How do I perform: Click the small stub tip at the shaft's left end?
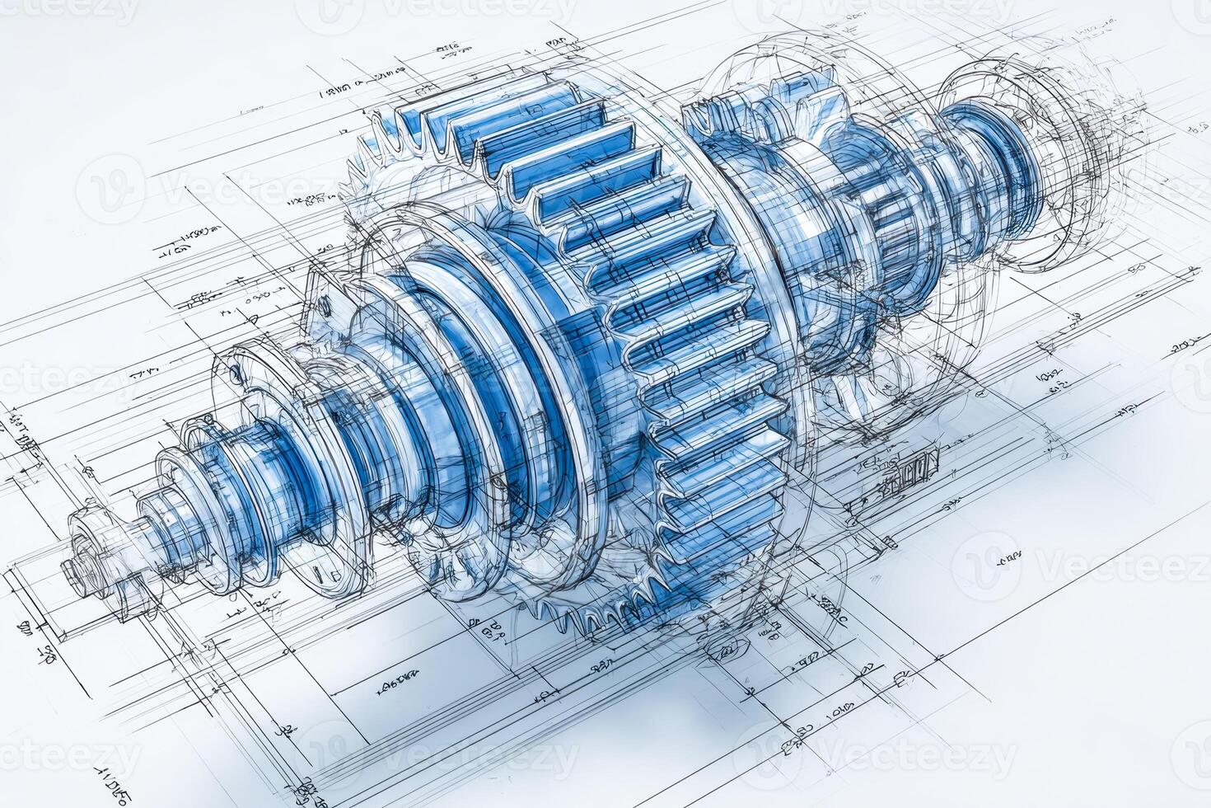(x=72, y=568)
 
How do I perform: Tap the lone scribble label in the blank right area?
(x=1008, y=559)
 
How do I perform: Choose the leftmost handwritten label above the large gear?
(x=338, y=87)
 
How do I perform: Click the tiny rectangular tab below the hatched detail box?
(x=890, y=541)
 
